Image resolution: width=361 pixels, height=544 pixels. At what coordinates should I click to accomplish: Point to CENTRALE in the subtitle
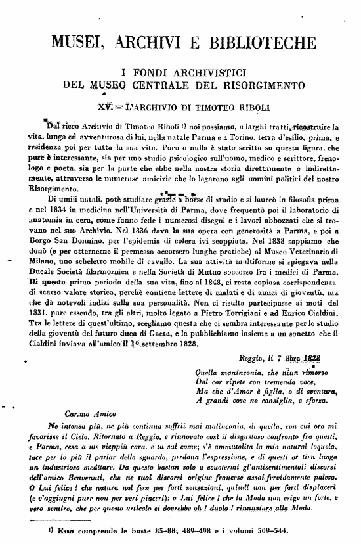coord(187,85)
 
